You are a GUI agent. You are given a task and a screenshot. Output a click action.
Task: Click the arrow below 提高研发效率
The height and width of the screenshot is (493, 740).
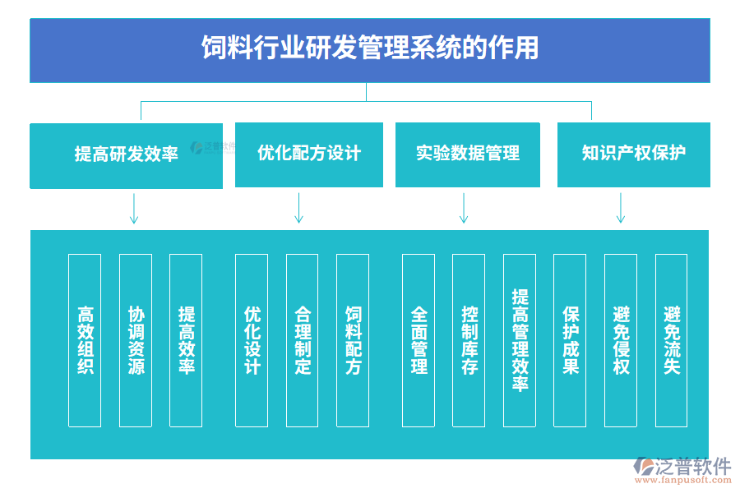pos(134,209)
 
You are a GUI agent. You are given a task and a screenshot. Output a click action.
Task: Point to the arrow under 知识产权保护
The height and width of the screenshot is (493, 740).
pos(621,209)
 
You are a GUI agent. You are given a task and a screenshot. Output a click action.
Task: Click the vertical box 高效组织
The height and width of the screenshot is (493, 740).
pos(85,340)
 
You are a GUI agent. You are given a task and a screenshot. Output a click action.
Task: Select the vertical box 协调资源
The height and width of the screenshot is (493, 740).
pos(136,340)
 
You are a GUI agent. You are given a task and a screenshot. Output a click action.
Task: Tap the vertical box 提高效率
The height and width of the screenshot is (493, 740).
pos(186,340)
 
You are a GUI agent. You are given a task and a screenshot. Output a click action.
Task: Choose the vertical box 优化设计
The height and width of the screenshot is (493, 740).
pos(252,340)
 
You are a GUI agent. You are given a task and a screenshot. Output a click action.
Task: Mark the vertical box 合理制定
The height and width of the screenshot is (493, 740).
pos(303,340)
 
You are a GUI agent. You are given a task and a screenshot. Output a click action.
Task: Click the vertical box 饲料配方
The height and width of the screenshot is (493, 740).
pos(353,340)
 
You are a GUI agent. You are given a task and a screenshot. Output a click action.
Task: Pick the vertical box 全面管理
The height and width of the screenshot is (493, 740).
pos(419,340)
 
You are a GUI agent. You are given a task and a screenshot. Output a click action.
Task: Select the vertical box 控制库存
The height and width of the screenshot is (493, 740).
pos(469,340)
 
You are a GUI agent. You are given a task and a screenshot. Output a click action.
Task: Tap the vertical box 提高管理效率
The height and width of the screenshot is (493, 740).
pos(520,340)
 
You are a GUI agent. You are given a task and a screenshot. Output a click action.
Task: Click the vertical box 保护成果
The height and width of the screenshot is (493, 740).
pos(570,340)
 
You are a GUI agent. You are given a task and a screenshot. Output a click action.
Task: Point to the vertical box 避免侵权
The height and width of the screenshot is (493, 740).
pos(621,340)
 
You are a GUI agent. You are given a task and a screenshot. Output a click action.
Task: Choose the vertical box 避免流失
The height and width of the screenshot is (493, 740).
pos(671,340)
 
